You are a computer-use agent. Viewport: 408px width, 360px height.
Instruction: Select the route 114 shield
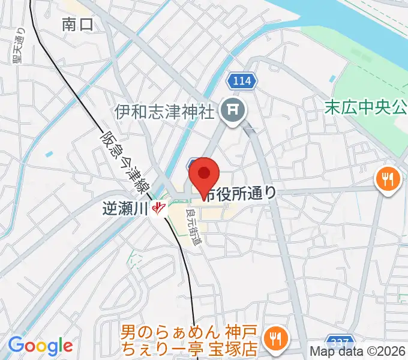(x=242, y=79)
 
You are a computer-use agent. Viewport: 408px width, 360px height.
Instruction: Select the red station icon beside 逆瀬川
(x=159, y=208)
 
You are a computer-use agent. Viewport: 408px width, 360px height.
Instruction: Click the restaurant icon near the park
(x=388, y=178)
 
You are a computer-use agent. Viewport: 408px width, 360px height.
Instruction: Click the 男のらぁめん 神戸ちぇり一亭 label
(x=189, y=339)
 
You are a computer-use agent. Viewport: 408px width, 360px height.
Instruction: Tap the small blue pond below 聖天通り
(x=49, y=154)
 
